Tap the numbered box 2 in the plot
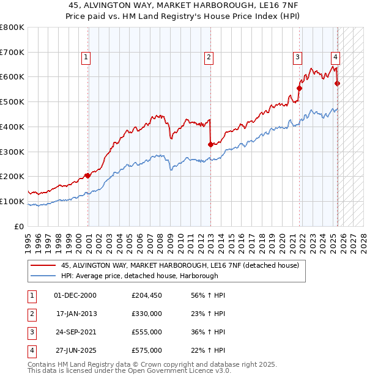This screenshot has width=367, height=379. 209,58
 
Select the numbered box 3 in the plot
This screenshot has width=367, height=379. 297,58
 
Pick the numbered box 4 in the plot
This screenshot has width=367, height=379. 336,58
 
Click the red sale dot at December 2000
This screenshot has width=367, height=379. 87,175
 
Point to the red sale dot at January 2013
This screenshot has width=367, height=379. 210,144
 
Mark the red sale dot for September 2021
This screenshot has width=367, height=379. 300,88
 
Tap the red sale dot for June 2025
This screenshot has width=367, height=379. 338,83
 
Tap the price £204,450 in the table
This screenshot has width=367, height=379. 147,295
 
